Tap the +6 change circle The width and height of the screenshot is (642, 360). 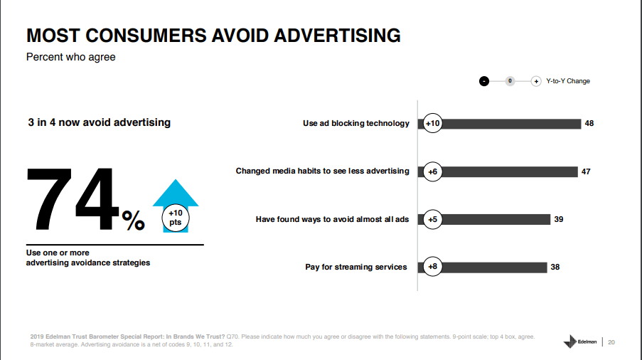pos(432,171)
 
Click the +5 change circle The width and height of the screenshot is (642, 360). pos(432,219)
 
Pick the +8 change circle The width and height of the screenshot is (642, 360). pos(432,268)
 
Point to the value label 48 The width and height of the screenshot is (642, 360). pos(589,124)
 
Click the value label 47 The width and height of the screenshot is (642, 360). pos(586,171)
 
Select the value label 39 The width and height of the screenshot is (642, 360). pos(559,219)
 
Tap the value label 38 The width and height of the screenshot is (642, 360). pos(555,268)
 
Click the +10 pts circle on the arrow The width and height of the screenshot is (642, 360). pos(175,218)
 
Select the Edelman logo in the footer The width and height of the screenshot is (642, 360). pos(580,342)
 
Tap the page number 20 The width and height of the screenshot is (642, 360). pos(611,342)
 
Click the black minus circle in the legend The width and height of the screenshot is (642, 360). pos(484,81)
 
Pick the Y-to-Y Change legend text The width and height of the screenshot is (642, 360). pos(568,81)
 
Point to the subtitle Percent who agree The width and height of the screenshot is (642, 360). pos(70,57)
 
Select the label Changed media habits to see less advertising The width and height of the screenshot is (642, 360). pos(322,171)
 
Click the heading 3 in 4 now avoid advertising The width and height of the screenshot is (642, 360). pos(99,122)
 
